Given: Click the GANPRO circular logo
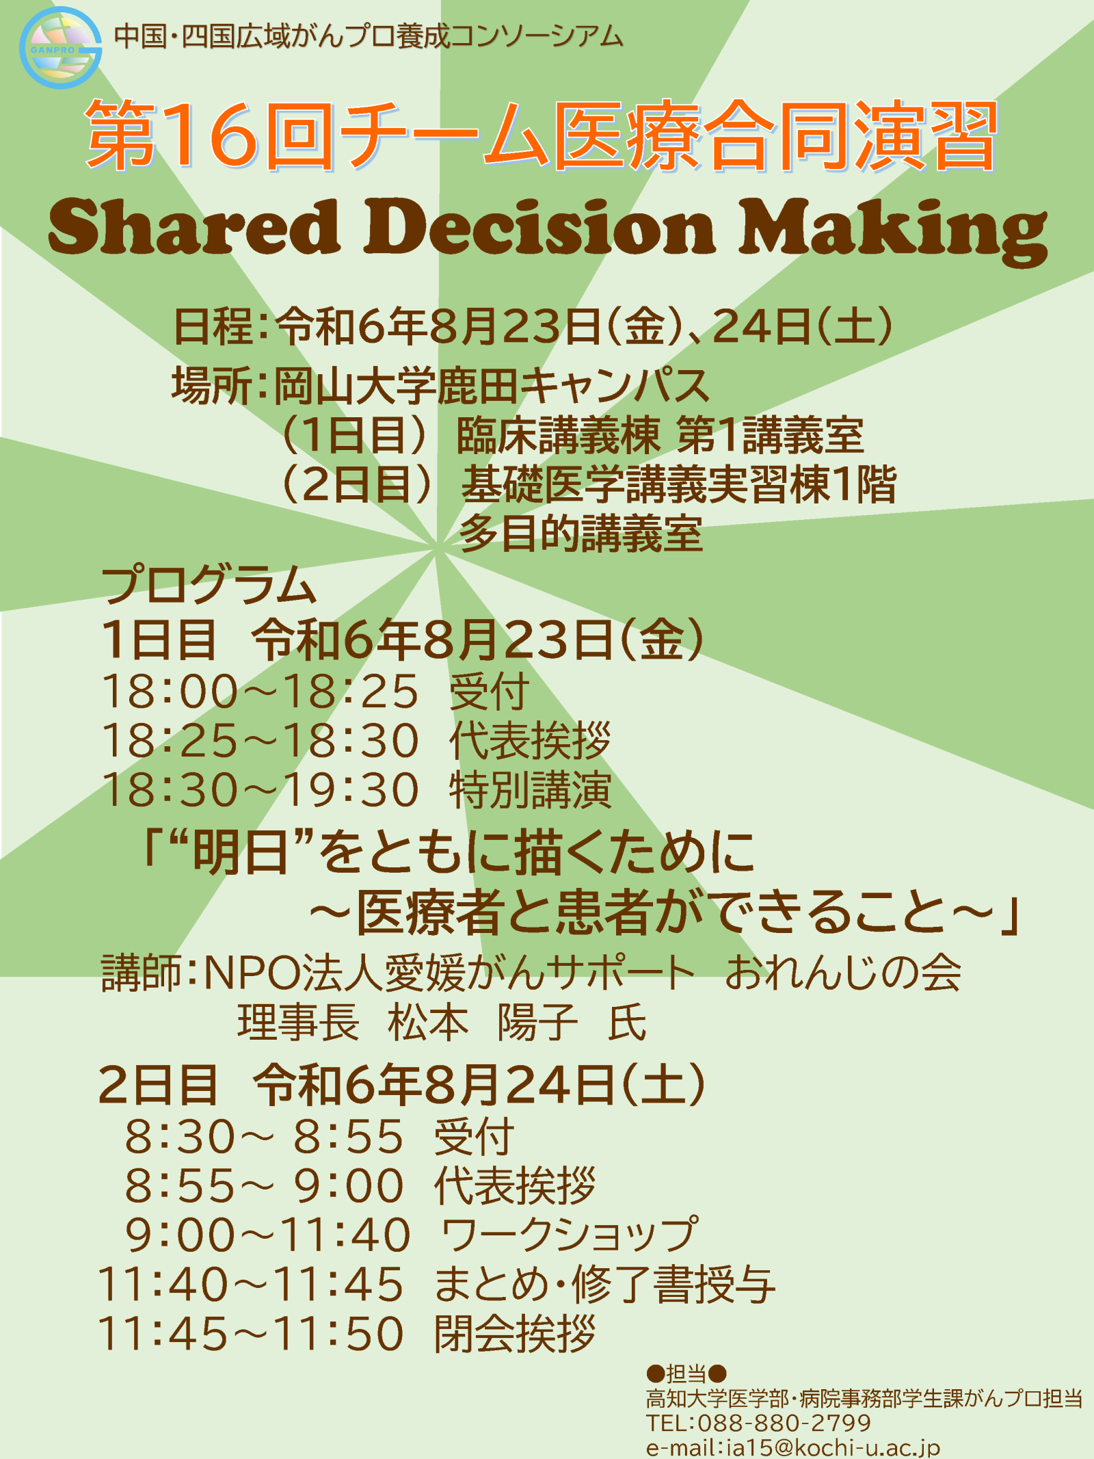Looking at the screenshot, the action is (x=60, y=48).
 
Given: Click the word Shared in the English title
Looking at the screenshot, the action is (x=194, y=226).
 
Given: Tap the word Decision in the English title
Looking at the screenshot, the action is (x=540, y=226).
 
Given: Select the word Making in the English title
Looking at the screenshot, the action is (x=893, y=232).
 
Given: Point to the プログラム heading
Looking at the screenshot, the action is (x=209, y=585).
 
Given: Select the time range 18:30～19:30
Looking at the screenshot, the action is (x=260, y=789).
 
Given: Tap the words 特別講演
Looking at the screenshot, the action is (x=530, y=789).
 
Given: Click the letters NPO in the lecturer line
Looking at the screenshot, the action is (x=252, y=972).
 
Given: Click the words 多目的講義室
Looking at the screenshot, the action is (x=581, y=534).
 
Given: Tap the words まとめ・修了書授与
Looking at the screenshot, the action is (x=604, y=1284).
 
